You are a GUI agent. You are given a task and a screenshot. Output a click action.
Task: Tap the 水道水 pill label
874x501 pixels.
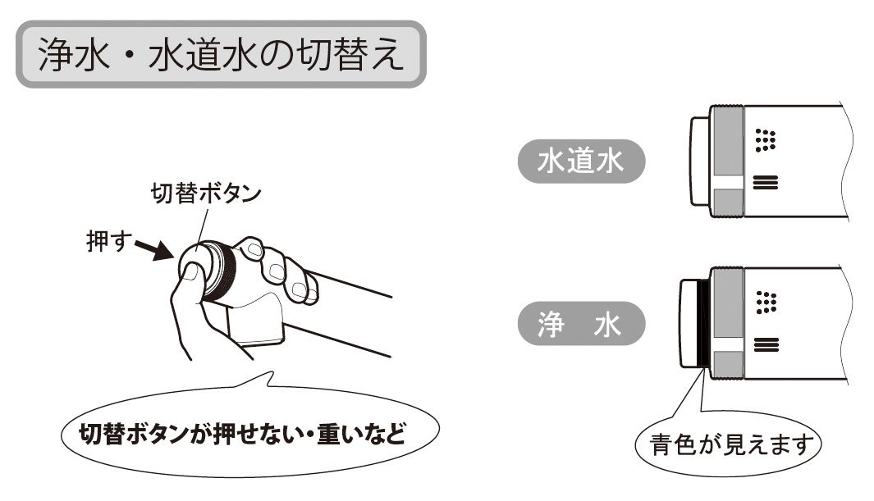581,161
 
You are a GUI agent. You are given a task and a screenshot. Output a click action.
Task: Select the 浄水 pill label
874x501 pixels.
581,323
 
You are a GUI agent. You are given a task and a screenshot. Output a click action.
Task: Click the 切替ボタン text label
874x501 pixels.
206,194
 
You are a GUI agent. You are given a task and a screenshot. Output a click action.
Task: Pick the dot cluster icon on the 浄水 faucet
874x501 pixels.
766,302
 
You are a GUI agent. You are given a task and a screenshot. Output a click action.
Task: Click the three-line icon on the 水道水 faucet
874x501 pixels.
766,183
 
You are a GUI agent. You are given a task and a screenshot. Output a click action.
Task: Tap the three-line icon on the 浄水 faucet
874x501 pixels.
766,345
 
